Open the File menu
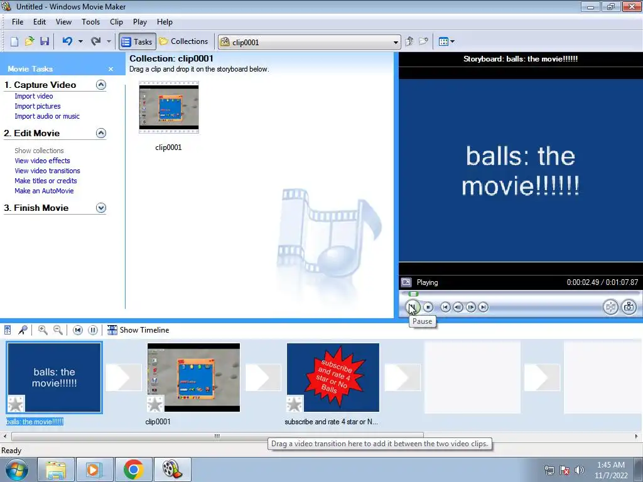click(18, 22)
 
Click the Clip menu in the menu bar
click(116, 22)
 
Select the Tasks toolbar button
click(138, 41)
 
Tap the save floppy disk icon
click(45, 41)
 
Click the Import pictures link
click(38, 106)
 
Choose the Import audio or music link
click(47, 116)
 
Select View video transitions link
click(48, 171)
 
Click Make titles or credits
click(46, 181)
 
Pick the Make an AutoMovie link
click(45, 191)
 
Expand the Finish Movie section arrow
click(101, 208)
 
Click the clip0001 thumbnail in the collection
click(169, 107)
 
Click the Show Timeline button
click(138, 330)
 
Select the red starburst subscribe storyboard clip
click(333, 377)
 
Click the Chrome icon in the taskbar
click(134, 469)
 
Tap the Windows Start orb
click(17, 469)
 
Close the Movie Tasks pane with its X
click(111, 69)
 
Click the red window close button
click(631, 6)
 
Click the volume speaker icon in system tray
click(580, 470)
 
